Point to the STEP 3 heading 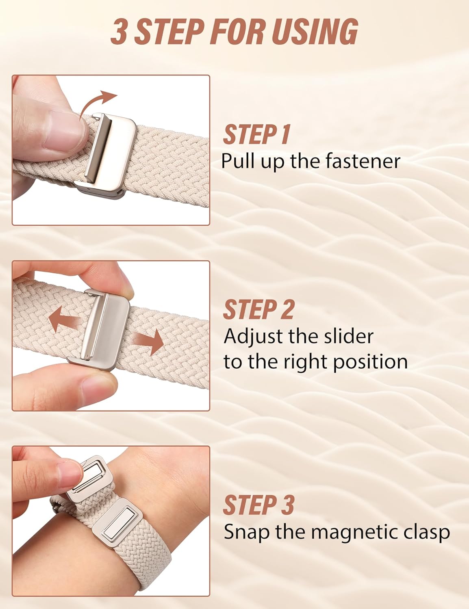tap(258, 505)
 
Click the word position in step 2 tap(370, 361)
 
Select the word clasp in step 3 tap(427, 532)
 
